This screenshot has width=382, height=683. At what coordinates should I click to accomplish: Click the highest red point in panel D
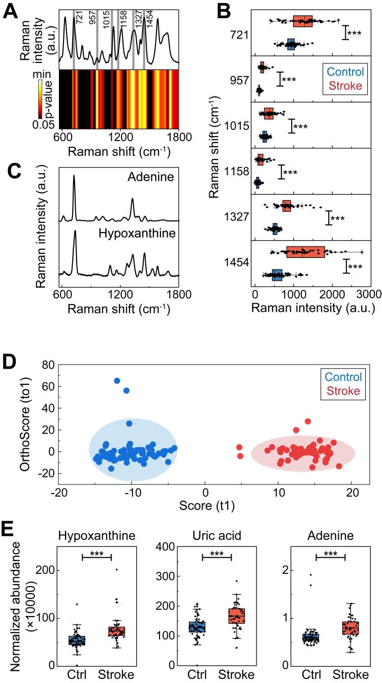click(307, 421)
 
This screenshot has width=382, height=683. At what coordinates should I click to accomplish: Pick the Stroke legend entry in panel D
click(344, 391)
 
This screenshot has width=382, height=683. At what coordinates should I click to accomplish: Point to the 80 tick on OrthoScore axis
click(47, 365)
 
